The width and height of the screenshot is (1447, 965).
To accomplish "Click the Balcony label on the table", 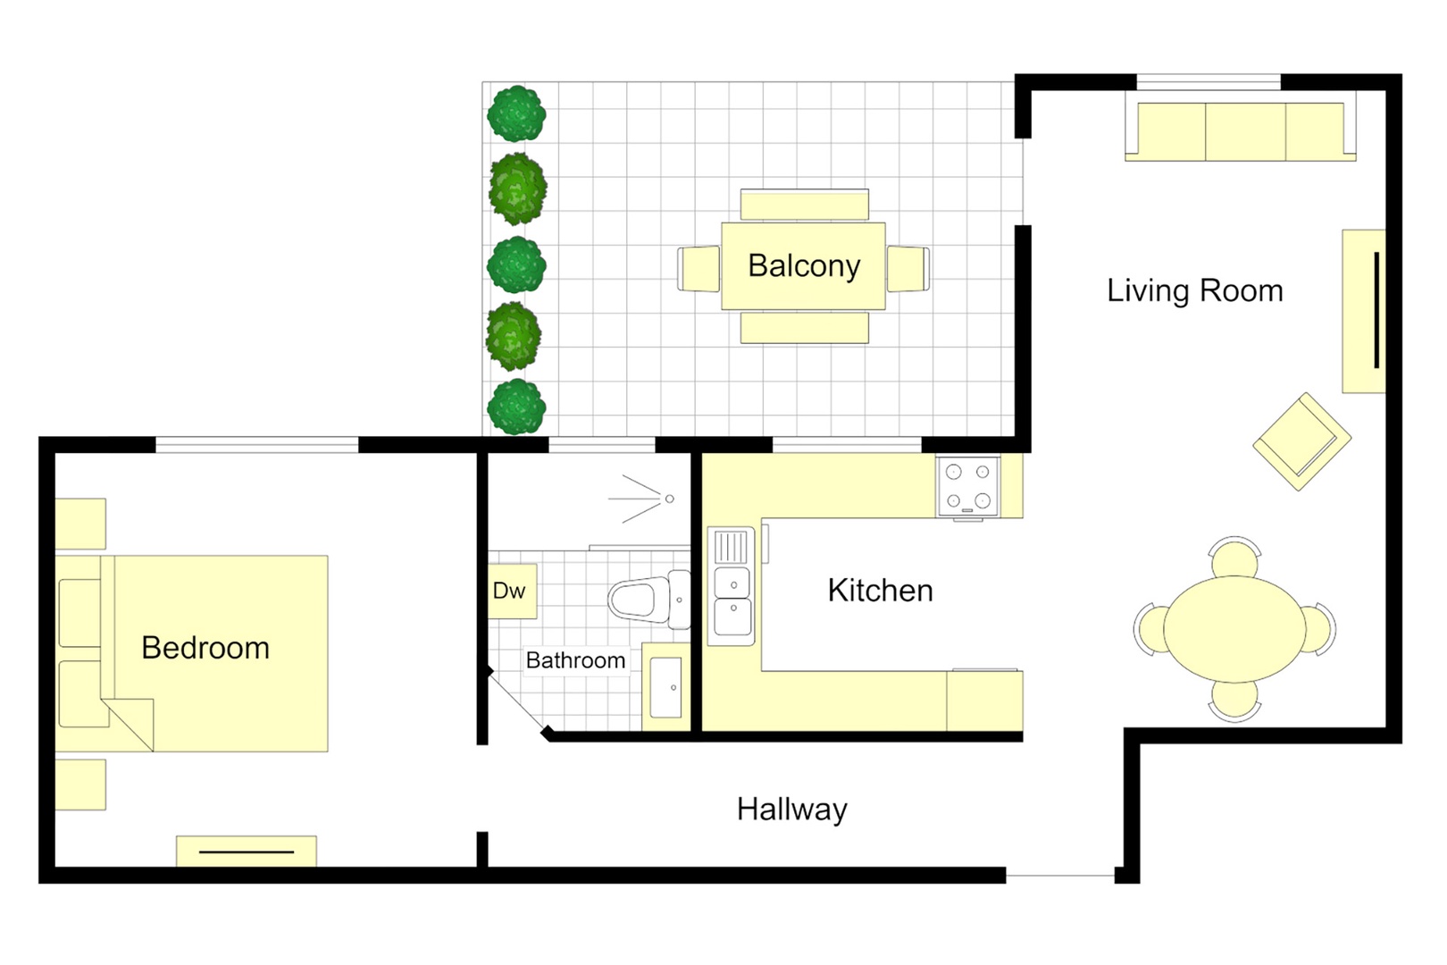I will (803, 265).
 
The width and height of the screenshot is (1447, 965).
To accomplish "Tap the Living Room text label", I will (1194, 290).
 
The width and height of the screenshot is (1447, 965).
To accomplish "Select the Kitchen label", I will (880, 590).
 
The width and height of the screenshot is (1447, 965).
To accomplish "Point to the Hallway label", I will (791, 809).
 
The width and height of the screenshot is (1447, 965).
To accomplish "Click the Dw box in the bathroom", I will (512, 591).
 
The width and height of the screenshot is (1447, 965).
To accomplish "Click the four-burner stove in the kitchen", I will (967, 486).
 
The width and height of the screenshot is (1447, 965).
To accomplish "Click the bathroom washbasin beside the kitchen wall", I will (665, 687).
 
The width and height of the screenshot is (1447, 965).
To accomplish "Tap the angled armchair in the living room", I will (1301, 441).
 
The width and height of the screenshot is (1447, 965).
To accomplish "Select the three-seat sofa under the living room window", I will (1241, 131).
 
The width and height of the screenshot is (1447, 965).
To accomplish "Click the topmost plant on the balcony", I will (516, 113).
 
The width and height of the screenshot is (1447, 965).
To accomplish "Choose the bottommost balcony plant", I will (516, 407).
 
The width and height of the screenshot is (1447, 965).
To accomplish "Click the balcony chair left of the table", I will (698, 268).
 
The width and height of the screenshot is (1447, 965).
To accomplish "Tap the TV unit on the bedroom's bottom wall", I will (247, 851).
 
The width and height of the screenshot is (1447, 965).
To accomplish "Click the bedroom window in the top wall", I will (257, 444).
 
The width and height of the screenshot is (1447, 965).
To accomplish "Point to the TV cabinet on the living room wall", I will (1363, 310).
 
